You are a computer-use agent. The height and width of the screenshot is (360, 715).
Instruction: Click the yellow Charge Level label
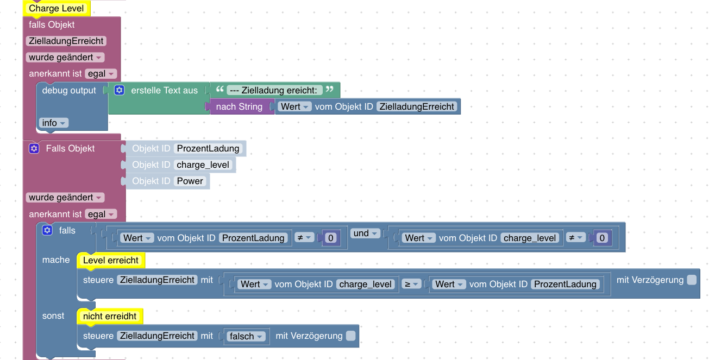57,8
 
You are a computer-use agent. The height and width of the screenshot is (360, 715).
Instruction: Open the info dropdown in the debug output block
54,123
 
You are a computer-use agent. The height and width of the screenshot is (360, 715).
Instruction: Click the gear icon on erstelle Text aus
120,91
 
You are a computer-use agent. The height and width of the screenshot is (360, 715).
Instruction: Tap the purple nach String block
239,107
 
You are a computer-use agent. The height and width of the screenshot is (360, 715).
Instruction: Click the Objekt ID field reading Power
190,181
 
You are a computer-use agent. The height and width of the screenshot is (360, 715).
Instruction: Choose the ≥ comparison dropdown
412,284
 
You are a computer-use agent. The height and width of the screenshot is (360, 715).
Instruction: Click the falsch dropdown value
246,336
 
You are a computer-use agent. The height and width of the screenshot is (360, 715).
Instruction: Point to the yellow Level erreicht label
111,261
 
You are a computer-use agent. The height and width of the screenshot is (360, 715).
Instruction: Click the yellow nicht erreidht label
110,316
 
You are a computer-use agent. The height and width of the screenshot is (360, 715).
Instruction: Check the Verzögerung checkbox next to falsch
351,336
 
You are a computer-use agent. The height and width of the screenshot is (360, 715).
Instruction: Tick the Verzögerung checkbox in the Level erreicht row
692,280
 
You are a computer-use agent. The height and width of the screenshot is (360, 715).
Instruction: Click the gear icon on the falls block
47,231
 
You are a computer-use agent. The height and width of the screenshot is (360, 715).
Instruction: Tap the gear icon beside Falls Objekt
34,149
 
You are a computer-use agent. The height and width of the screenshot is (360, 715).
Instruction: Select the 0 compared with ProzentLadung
331,238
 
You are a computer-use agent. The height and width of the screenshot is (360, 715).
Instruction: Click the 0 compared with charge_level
602,238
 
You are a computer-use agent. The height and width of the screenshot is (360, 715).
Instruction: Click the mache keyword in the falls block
56,260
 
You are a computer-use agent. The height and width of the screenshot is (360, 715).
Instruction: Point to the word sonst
53,316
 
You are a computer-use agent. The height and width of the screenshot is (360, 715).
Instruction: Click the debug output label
69,91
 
